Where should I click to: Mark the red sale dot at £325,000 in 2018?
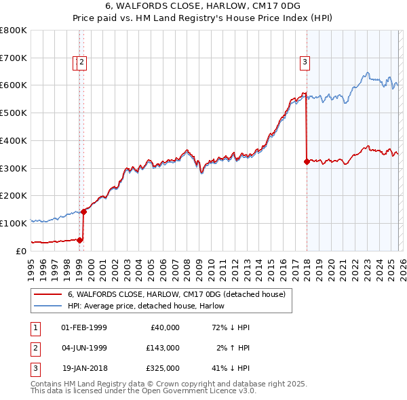(x=307, y=161)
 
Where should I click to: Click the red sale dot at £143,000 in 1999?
(x=84, y=212)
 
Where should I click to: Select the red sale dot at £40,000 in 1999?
(x=80, y=239)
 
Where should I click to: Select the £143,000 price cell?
(x=163, y=348)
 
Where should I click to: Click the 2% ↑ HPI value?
(x=231, y=348)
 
